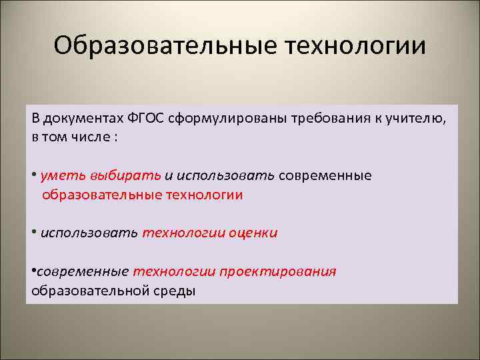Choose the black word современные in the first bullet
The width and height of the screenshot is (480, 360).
pyautogui.click(x=325, y=176)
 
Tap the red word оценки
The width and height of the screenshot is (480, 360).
pyautogui.click(x=253, y=233)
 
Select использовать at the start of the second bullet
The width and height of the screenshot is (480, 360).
pyautogui.click(x=89, y=233)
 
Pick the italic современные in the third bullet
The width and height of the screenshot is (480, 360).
pyautogui.click(x=83, y=272)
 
